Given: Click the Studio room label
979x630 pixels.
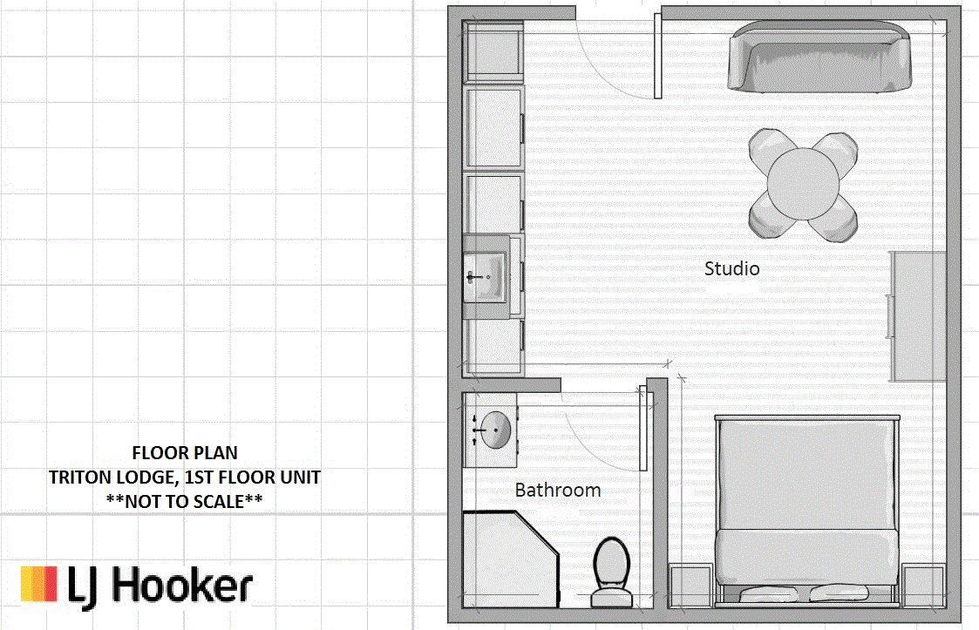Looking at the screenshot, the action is [x=731, y=268].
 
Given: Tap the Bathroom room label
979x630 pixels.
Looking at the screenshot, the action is [x=558, y=490].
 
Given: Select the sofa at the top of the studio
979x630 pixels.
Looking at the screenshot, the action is [x=819, y=57].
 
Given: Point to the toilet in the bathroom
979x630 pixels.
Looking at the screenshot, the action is [x=611, y=573].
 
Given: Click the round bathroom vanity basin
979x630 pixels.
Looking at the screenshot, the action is [x=496, y=430].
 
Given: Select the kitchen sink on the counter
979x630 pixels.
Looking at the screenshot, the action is [x=486, y=276].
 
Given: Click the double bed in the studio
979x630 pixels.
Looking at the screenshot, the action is [x=807, y=510].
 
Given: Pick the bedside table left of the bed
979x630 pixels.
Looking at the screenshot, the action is [x=690, y=586].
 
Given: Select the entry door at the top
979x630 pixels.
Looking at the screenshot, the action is [x=657, y=56].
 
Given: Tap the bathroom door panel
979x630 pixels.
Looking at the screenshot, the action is [x=643, y=429].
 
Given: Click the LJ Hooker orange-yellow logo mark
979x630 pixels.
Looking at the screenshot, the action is [x=39, y=585].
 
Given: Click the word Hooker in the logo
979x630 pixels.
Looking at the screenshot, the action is [x=182, y=586].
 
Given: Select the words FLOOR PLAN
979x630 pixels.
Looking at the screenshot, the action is [x=185, y=452].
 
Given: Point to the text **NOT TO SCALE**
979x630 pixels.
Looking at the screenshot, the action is [x=184, y=501].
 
